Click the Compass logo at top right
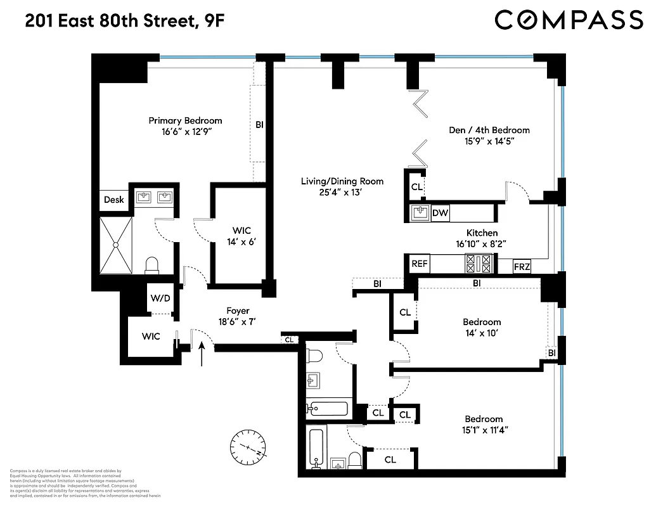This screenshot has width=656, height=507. tap(569, 20)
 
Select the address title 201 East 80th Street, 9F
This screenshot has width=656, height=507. tap(124, 21)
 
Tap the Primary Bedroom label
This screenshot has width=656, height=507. tap(185, 126)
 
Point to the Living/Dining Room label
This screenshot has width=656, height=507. tap(342, 186)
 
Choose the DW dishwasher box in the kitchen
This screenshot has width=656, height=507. tap(440, 214)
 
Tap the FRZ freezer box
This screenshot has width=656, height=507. tap(522, 266)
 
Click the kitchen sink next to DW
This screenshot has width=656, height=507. tap(420, 213)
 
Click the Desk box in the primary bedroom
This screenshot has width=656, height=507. tap(114, 200)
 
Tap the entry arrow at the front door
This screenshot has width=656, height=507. tap(202, 354)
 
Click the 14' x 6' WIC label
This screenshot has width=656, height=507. tap(241, 236)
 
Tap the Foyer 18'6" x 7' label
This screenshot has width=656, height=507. tap(238, 316)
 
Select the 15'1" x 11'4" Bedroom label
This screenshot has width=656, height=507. tap(484, 424)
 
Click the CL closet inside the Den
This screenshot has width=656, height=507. tap(416, 187)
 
